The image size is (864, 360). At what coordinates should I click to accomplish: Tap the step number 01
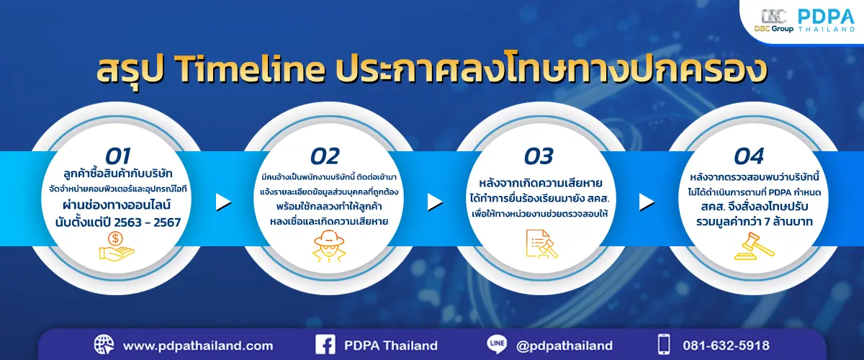click(119, 156)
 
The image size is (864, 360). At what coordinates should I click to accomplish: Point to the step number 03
click(538, 156)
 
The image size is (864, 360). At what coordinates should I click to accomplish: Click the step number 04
click(749, 156)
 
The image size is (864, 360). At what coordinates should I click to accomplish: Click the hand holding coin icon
click(116, 245)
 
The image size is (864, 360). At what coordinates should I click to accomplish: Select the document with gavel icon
click(539, 246)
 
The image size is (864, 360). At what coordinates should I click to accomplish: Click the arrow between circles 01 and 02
click(224, 202)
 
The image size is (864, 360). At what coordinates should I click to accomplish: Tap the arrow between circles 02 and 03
click(435, 202)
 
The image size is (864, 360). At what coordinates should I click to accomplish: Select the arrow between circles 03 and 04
click(646, 202)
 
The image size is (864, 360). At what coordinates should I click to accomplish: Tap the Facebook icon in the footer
click(325, 345)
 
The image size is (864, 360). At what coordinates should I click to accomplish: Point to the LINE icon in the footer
click(497, 345)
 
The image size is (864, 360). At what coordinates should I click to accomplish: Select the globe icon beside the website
click(104, 345)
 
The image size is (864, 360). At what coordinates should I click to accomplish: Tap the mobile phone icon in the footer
click(664, 345)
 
